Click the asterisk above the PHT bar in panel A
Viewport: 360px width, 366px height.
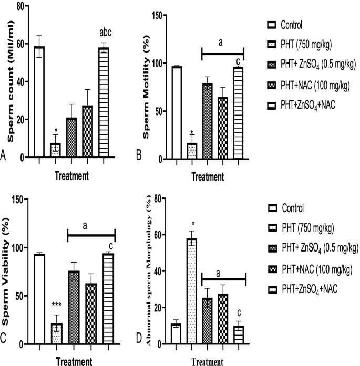tap(55, 130)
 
